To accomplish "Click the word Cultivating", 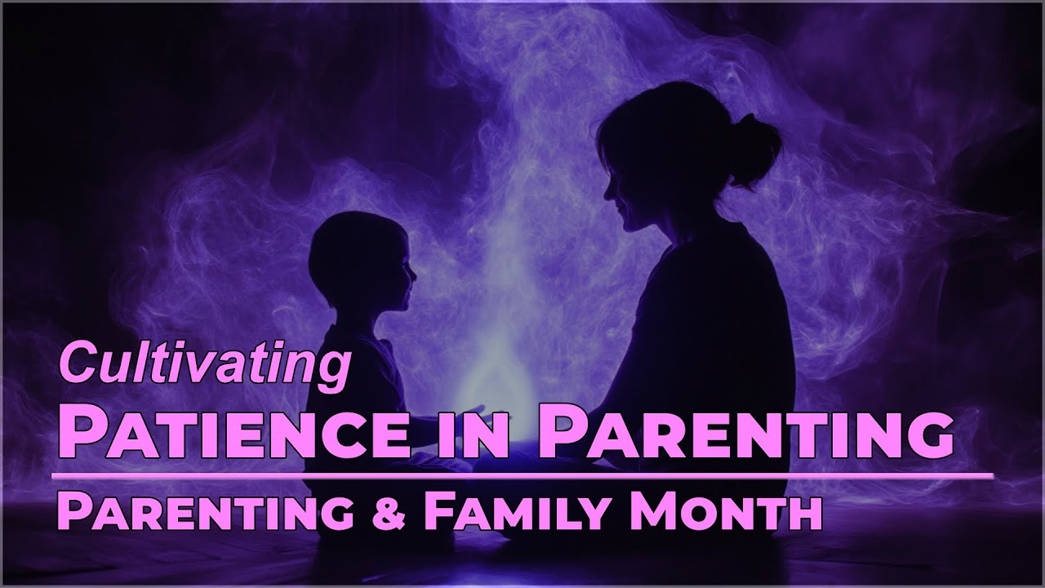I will (204, 364).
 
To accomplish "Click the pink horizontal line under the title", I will (522, 474).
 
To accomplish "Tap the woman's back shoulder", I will (751, 269).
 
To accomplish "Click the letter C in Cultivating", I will (75, 364).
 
